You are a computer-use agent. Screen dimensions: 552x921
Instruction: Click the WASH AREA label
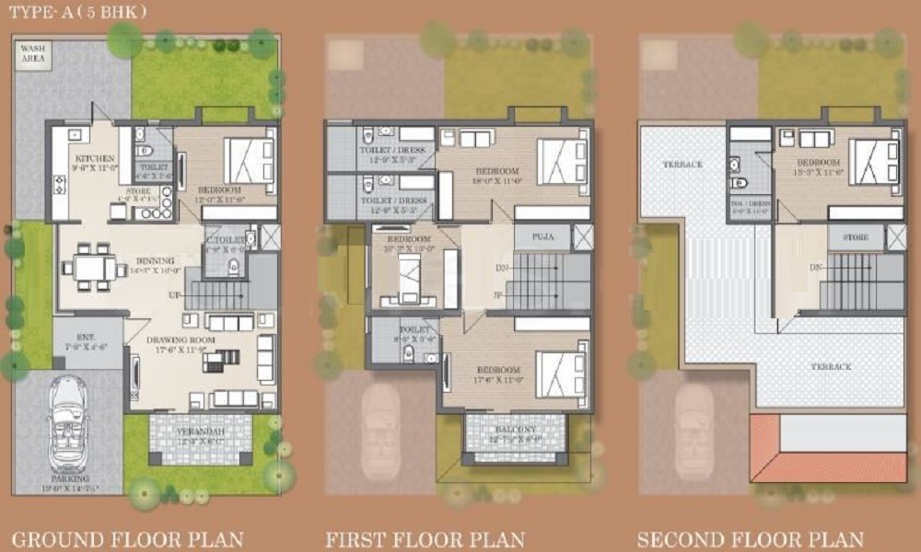[x=34, y=52]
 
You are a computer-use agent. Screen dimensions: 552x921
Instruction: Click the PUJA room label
[x=543, y=236]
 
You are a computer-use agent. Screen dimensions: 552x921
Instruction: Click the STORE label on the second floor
[x=855, y=237]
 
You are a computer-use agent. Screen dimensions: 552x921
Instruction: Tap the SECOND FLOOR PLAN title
[x=750, y=538]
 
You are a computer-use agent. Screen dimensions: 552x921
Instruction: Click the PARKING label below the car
[x=69, y=478]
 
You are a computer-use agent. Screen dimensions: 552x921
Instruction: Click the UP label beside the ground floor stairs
[x=174, y=295]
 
